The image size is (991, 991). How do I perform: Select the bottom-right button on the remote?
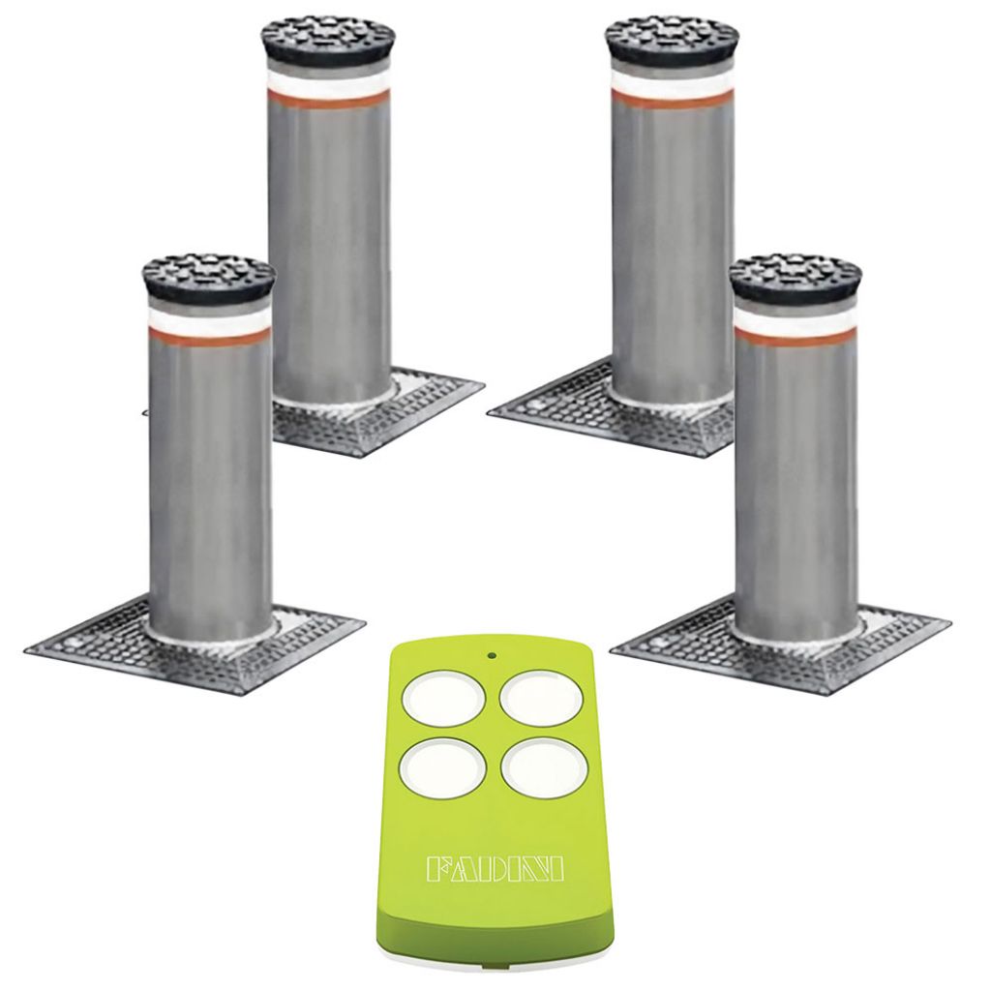click(543, 767)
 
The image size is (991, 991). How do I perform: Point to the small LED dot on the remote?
click(491, 655)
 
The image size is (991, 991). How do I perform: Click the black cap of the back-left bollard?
click(327, 38)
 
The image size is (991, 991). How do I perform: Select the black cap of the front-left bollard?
click(209, 278)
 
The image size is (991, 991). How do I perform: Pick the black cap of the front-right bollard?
click(796, 278)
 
